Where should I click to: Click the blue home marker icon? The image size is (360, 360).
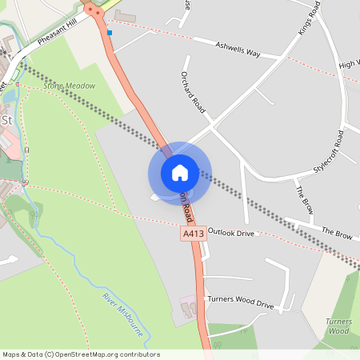click(179, 172)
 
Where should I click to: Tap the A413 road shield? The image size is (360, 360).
click(192, 234)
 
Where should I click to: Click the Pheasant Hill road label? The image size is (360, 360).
click(56, 37)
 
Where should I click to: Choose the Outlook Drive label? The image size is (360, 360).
click(230, 232)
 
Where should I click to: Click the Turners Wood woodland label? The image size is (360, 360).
click(339, 326)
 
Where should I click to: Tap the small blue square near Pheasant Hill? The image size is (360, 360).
click(110, 33)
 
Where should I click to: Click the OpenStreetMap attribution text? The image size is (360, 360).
click(80, 354)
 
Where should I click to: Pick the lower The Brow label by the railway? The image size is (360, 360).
click(337, 232)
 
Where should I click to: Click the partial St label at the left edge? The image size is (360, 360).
click(8, 120)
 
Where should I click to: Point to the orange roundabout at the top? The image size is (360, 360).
click(94, 10)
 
